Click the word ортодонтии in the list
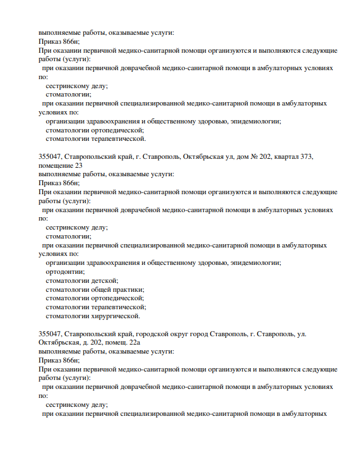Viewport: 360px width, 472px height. click(x=62, y=272)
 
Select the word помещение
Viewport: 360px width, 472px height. click(x=56, y=166)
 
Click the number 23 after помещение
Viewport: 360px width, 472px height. click(x=79, y=166)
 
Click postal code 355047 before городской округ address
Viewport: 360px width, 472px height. click(x=49, y=334)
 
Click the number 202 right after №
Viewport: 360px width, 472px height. click(x=265, y=157)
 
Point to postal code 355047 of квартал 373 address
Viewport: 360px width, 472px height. click(x=49, y=157)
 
